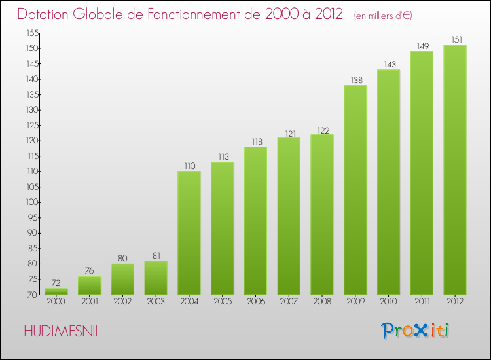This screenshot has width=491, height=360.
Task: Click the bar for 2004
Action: click(x=189, y=233)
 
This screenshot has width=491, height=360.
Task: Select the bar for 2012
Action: click(x=455, y=170)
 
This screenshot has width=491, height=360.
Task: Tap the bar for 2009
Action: click(x=355, y=190)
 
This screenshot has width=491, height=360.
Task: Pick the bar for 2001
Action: click(x=90, y=285)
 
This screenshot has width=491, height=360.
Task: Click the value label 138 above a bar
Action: click(x=355, y=80)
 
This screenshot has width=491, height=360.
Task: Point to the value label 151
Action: click(x=455, y=40)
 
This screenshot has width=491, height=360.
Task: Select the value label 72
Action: click(x=56, y=283)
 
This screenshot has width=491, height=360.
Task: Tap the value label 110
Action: click(x=189, y=166)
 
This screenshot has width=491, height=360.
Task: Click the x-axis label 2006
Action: click(x=255, y=302)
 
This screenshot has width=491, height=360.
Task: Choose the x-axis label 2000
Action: click(x=56, y=302)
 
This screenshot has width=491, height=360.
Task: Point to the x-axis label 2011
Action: click(x=422, y=302)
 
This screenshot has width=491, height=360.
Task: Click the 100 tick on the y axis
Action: click(x=32, y=202)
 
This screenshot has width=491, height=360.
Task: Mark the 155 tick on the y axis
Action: click(x=32, y=33)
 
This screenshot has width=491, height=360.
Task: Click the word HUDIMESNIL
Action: click(x=62, y=331)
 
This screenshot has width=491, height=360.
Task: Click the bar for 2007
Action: click(x=289, y=216)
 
